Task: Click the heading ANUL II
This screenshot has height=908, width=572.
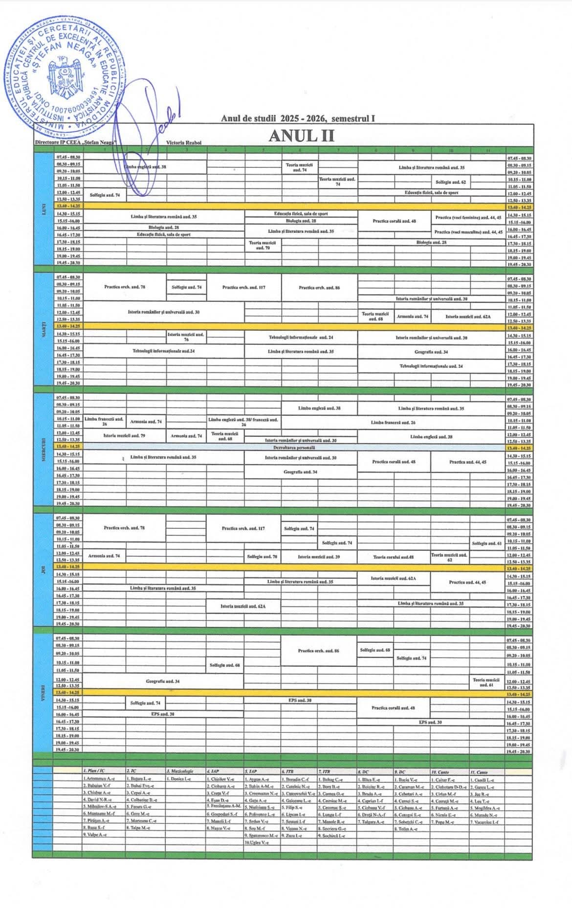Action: [301, 136]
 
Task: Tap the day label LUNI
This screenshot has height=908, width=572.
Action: [43, 209]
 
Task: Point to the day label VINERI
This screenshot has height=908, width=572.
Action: [43, 694]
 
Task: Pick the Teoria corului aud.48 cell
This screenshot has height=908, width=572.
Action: [393, 557]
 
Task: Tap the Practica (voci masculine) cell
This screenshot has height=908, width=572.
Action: [468, 231]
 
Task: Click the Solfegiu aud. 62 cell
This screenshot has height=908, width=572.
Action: [450, 182]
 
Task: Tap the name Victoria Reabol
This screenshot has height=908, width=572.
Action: [184, 142]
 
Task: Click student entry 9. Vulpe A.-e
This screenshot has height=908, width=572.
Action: [95, 835]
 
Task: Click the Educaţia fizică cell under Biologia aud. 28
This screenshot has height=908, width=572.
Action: [163, 234]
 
